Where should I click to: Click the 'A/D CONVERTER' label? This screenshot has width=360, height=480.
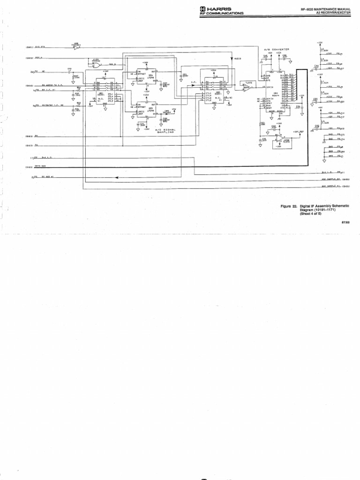(x=277, y=49)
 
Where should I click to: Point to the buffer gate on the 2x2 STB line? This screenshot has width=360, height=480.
(x=76, y=47)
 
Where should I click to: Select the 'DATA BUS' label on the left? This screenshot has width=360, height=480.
(x=41, y=166)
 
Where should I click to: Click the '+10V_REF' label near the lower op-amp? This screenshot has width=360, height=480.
(x=299, y=132)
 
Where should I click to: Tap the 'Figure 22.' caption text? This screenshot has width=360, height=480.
(x=289, y=205)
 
